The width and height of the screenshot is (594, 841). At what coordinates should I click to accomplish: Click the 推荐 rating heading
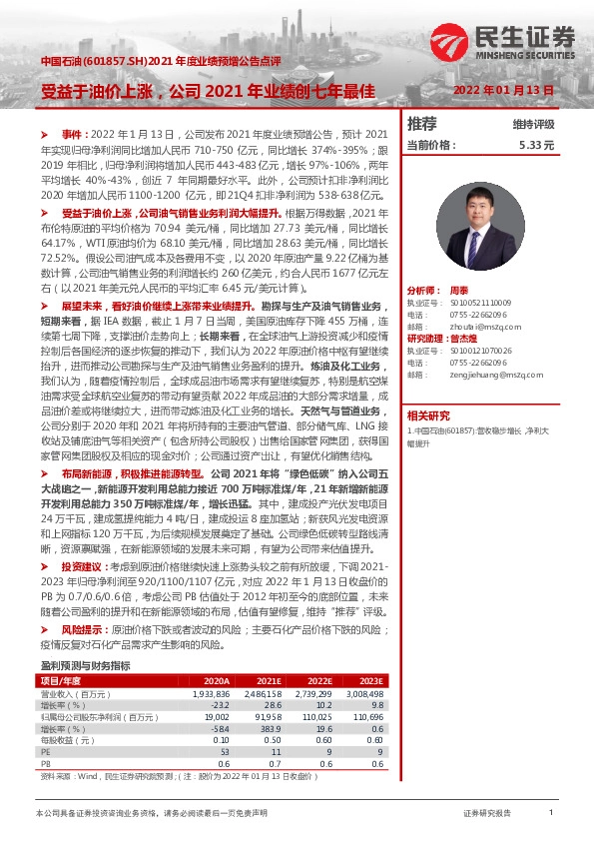tap(422, 124)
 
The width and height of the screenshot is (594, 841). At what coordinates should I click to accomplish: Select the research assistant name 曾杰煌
tap(486, 339)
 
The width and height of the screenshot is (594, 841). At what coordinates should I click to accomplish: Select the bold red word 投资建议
tap(83, 566)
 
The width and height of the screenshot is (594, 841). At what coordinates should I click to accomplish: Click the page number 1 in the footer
tap(551, 814)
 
